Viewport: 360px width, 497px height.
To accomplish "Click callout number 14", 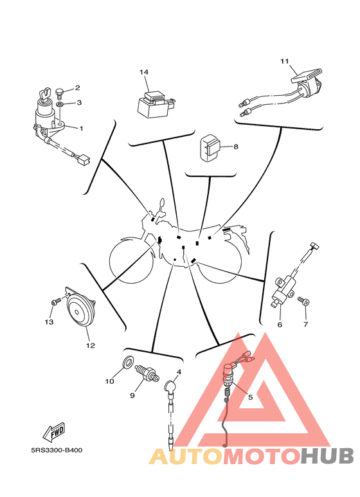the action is [144, 72].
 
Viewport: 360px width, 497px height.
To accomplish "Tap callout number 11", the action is [285, 61].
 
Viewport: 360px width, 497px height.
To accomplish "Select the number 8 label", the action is [235, 147].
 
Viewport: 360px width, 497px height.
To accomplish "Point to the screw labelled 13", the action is [56, 301].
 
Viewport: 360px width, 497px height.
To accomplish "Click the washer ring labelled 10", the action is [127, 361].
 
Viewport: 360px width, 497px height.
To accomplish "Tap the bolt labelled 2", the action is [59, 92].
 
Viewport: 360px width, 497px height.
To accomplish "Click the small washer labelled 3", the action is [60, 104].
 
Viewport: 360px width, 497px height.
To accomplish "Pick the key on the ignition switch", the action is [44, 94].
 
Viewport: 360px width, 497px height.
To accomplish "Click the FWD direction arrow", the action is [54, 432].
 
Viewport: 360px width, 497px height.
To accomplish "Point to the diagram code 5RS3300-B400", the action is [57, 451].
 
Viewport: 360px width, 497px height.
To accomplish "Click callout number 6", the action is [280, 325].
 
